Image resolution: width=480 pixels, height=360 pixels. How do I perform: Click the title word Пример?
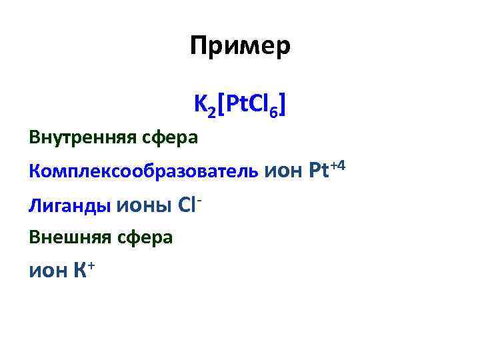point(240,47)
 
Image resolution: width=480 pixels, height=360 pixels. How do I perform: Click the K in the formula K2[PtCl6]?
point(200,103)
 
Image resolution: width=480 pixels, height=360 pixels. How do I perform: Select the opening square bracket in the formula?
point(220,105)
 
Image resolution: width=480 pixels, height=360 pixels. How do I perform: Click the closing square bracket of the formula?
point(283,105)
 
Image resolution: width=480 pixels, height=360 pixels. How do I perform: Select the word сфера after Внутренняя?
point(172,138)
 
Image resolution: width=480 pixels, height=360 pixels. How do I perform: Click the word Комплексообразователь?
point(143,171)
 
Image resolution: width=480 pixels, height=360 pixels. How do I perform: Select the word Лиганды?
point(69,205)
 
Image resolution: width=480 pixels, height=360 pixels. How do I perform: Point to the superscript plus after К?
point(92,265)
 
